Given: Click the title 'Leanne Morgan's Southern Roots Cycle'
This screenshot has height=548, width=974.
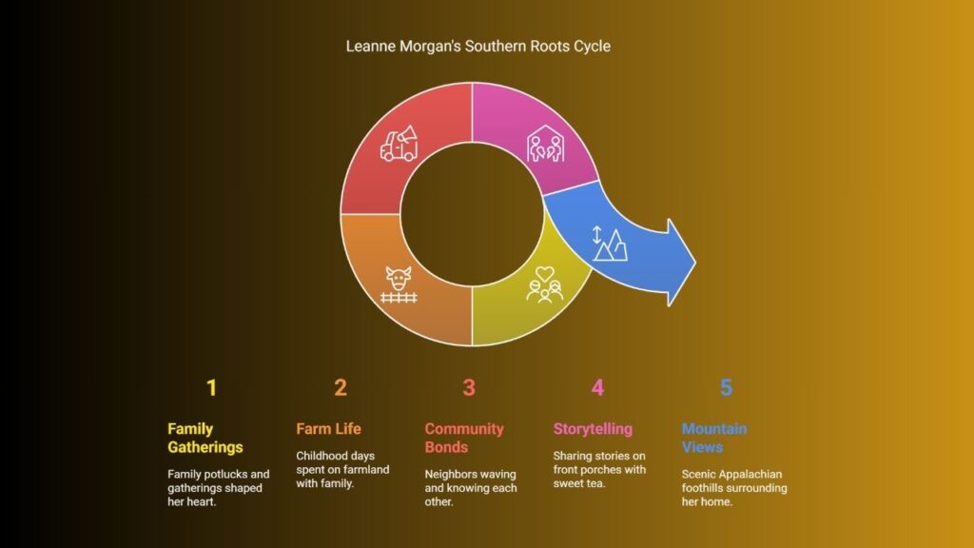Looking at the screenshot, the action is pos(477,47).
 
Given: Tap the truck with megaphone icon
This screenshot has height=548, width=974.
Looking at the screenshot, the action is pos(399,145).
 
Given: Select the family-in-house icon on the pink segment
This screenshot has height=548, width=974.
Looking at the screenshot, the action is pos(545,145).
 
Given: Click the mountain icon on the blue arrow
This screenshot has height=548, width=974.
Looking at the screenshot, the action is pos(609,244).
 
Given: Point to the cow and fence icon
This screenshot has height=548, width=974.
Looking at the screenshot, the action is pos(399,285).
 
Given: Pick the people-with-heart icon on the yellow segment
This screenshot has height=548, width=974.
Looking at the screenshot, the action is pos(545,285).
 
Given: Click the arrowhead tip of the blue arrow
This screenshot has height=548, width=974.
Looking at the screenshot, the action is pos(695,263).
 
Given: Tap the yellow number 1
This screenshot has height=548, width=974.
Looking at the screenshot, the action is pos(212,388).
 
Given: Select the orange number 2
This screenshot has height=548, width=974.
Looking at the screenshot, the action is pos(341,388).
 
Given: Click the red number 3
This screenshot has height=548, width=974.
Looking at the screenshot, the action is pos(469,388).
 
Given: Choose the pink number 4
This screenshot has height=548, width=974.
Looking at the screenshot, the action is pos(597,388).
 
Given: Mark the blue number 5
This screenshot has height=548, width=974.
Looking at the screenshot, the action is pos(726,388).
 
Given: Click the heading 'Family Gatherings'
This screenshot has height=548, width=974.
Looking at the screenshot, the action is pos(205,438).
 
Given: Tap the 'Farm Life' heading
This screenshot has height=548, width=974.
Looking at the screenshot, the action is pos(328,429).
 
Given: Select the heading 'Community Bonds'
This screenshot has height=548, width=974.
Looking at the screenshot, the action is pos(464,438).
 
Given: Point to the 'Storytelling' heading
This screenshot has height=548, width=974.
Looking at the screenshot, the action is pos(593,429).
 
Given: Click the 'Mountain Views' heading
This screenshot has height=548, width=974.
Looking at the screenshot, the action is pos(714,438).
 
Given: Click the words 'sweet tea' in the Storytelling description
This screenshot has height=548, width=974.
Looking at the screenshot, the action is pos(579,483).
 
